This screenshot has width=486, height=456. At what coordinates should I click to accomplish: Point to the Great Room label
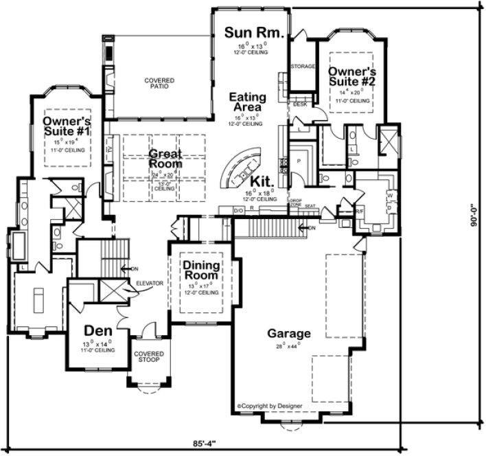(165, 159)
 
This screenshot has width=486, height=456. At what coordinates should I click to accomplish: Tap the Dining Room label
(201, 270)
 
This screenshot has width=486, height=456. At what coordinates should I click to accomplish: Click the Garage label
(289, 334)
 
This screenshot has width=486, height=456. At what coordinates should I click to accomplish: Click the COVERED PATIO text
(159, 84)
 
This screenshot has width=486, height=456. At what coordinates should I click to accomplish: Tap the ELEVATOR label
(148, 283)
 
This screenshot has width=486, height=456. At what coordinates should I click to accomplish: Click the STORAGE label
(302, 67)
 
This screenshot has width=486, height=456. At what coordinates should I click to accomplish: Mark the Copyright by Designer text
(266, 406)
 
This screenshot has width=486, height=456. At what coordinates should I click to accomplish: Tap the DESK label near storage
(300, 104)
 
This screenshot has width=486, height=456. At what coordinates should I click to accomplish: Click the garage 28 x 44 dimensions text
(289, 347)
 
